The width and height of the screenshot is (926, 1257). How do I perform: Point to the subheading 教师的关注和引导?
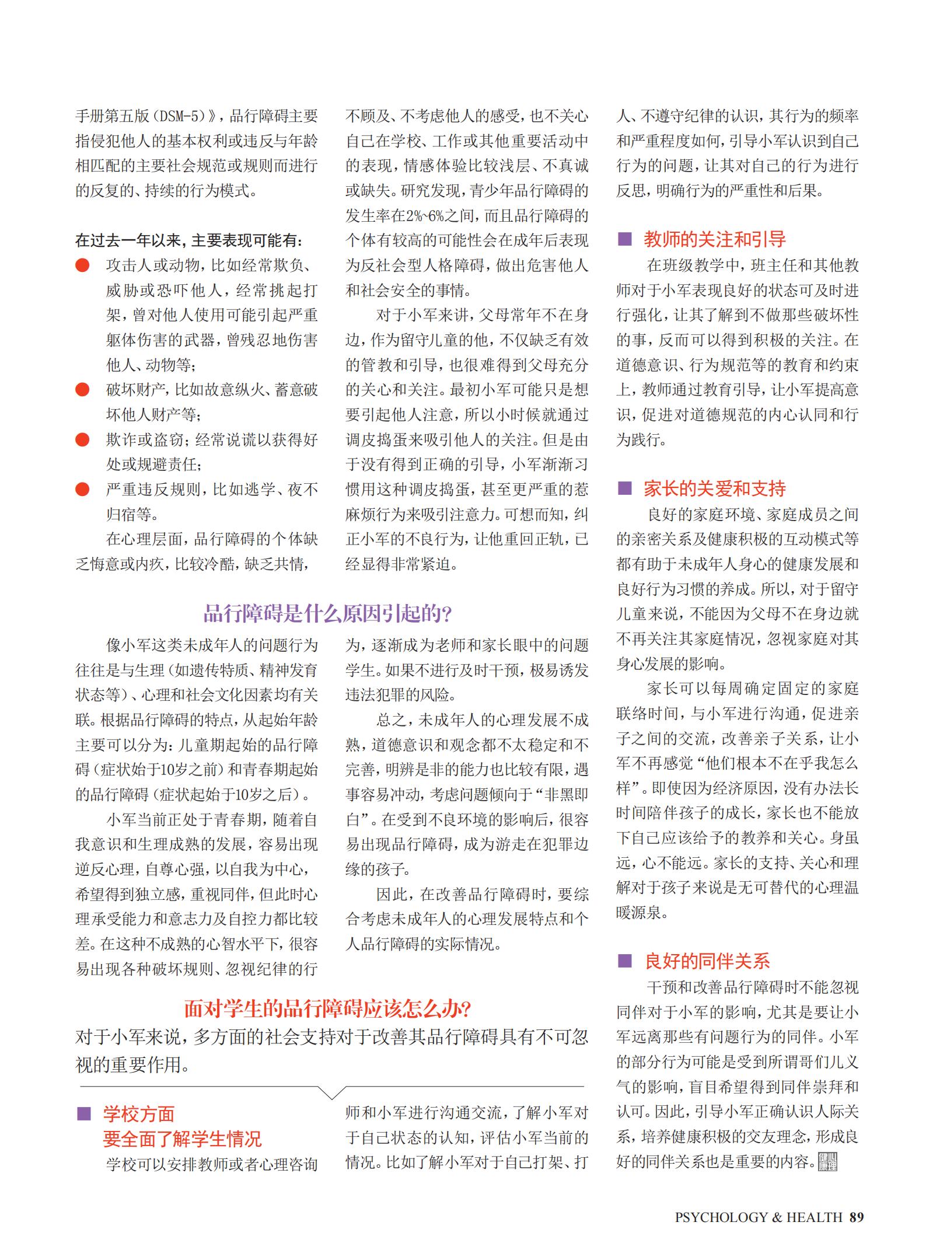pos(715,239)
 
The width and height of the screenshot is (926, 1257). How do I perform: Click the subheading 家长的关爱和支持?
pos(715,488)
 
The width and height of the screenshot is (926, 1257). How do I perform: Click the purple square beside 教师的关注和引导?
pos(625,239)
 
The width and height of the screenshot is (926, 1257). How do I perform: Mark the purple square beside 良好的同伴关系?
pos(625,961)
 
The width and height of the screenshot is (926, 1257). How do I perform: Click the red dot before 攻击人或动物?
pos(82,266)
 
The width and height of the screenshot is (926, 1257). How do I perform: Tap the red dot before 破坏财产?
pos(82,389)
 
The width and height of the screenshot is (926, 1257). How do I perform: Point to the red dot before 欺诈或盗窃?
pos(82,439)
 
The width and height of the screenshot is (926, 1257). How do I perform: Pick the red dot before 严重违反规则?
pos(82,489)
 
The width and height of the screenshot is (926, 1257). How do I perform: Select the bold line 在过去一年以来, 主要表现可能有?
pos(189,240)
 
